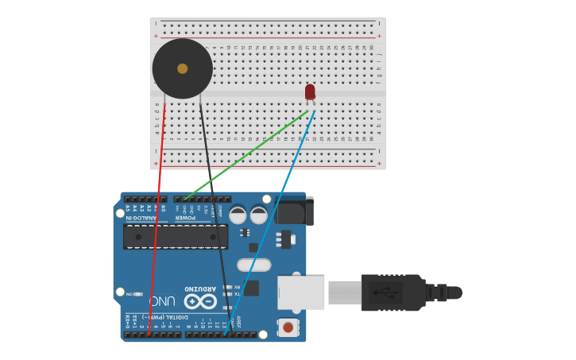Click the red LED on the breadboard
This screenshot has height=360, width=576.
coord(310,91)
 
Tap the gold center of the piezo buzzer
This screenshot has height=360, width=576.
coord(183,68)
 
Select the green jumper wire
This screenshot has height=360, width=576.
coord(246,155)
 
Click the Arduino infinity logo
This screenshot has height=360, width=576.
coord(200,301)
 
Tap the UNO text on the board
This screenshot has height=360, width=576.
coord(162,301)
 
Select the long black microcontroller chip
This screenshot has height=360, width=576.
coord(176,236)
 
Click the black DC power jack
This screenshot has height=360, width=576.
coord(294,211)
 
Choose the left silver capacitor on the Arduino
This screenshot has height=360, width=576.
coord(238,215)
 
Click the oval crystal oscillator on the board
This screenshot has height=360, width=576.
coord(253,265)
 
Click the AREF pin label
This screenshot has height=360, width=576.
coord(238,322)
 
